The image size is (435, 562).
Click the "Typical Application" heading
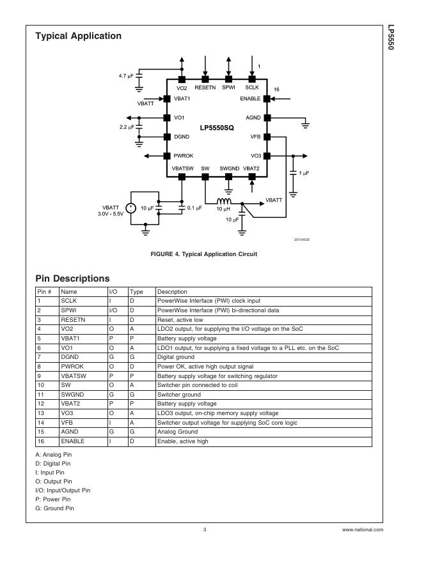coord(78,36)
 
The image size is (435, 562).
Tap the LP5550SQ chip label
coord(216,128)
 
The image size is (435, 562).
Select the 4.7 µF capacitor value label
coord(127,75)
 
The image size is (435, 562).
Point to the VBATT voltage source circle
coord(130,208)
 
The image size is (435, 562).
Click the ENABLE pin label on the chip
coord(250,99)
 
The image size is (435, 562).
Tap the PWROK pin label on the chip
coord(183,156)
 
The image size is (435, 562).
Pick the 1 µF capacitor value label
coord(304,173)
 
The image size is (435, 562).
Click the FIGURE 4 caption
coord(203,254)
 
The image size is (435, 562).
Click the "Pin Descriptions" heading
coord(72,278)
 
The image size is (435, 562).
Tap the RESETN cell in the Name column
coord(73,319)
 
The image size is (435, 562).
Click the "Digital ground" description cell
coord(176,357)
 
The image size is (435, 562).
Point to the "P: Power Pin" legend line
coord(53,499)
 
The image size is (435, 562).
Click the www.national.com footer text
coord(363,529)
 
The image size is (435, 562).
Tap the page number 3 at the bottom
coord(204,529)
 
